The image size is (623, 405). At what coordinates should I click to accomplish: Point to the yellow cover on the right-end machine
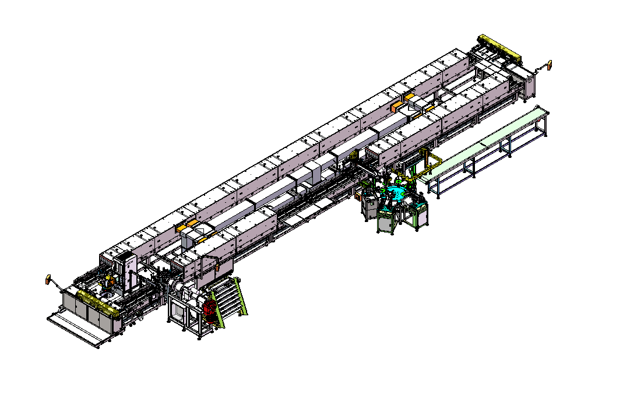click(x=499, y=48)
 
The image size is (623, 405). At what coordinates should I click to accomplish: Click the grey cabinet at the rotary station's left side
click(x=369, y=207)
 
